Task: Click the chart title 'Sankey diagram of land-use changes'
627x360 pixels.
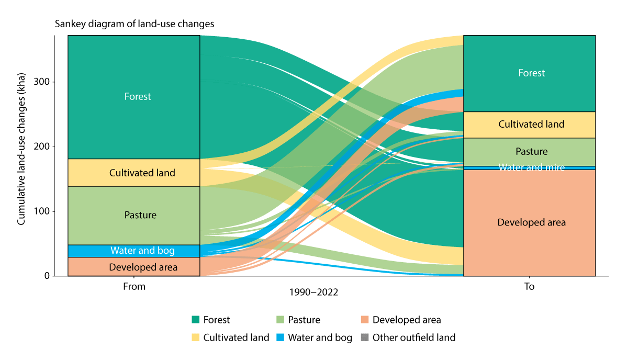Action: coord(134,24)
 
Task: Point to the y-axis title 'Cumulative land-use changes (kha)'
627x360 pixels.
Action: coord(21,155)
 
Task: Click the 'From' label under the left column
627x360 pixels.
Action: coord(134,287)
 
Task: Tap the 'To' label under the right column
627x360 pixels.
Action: coord(529,287)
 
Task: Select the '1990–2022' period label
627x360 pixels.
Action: coord(313,293)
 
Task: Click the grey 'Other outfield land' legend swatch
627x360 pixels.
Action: coord(365,337)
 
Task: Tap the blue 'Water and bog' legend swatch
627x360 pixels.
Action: coord(280,337)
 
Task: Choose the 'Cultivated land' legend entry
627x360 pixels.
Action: coord(230,337)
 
